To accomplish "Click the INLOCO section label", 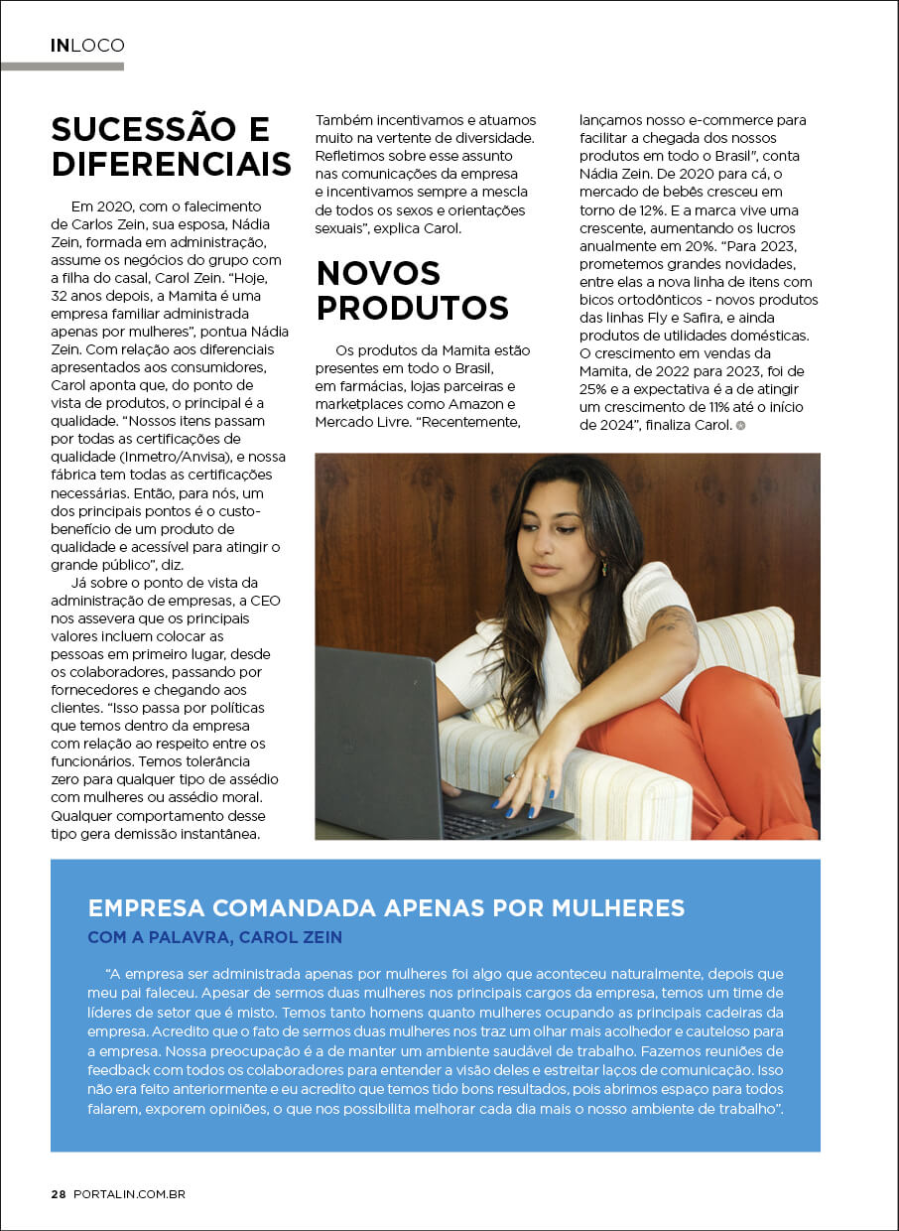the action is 87,45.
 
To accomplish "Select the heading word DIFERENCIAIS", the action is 171,164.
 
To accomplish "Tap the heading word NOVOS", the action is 377,273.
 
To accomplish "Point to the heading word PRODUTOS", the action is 412,308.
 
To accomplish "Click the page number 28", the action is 58,1194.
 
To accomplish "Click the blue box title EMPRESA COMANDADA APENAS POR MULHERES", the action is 386,907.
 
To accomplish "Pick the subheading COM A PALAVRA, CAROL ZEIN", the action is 215,938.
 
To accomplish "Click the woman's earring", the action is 603,568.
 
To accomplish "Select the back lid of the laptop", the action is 374,740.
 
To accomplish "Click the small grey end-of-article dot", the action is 740,426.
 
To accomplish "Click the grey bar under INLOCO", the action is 62,67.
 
